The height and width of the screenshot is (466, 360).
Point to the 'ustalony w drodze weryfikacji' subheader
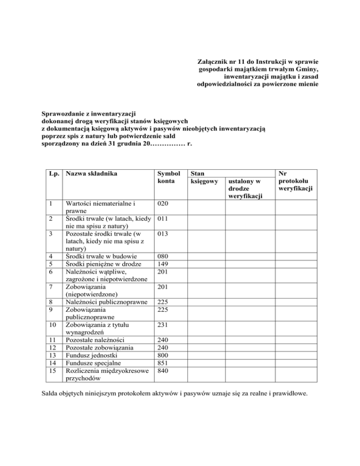coord(248,188)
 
